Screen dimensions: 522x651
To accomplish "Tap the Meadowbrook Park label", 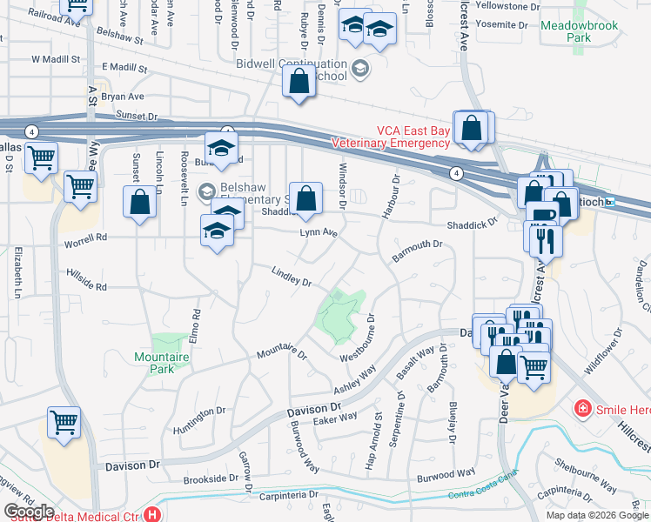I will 579,32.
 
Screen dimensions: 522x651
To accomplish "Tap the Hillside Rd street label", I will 86,279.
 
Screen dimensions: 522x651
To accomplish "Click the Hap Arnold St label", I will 379,447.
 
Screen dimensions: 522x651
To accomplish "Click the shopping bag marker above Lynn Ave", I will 305,198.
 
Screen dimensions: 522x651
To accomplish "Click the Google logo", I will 29,511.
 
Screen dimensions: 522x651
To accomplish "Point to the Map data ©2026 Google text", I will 596,515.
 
